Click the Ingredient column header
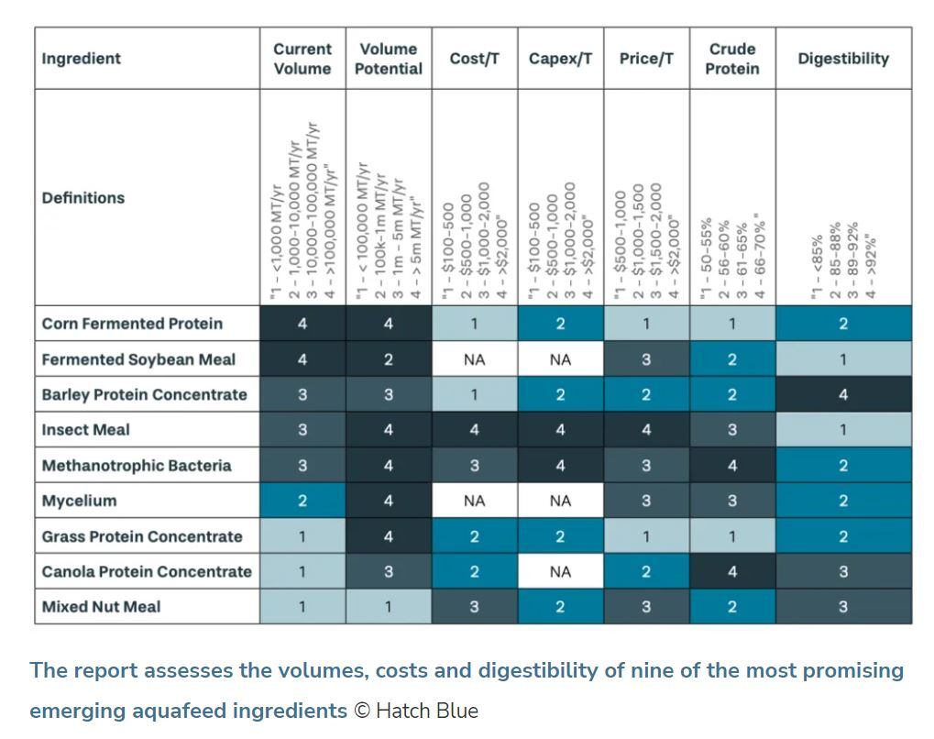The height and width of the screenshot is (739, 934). [82, 59]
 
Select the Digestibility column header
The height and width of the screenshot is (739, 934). [843, 59]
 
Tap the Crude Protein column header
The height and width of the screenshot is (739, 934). [732, 59]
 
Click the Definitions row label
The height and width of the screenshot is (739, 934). [83, 198]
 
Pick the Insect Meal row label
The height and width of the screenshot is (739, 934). [86, 430]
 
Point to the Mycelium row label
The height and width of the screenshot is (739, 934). [80, 501]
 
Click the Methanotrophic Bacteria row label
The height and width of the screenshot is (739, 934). [137, 466]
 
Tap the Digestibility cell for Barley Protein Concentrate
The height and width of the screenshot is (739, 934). [843, 395]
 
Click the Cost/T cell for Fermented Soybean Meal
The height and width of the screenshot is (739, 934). [474, 360]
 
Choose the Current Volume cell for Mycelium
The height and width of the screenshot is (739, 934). [302, 501]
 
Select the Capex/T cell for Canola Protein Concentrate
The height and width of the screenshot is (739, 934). [560, 571]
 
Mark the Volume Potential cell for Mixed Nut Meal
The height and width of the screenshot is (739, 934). [389, 607]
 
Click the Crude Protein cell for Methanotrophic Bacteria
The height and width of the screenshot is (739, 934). [732, 466]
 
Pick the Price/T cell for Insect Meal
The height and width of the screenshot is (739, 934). [646, 430]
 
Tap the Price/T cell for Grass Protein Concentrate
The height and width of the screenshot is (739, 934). [646, 536]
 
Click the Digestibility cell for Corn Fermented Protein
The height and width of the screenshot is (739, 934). [843, 324]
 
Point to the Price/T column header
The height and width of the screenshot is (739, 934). [646, 59]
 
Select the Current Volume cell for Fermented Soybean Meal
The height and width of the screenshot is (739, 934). [302, 360]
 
